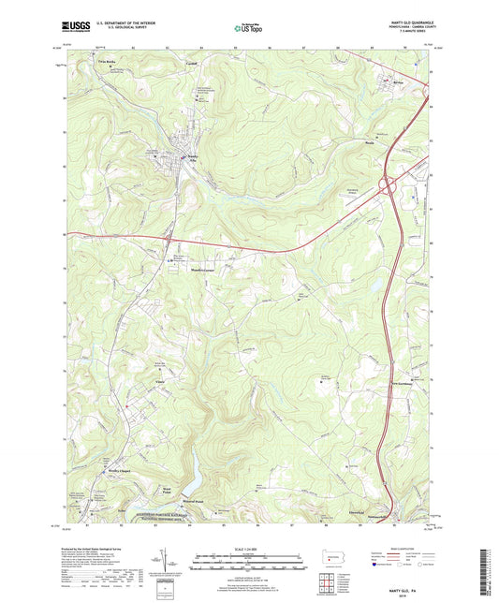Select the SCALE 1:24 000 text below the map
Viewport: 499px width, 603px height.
[249, 549]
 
